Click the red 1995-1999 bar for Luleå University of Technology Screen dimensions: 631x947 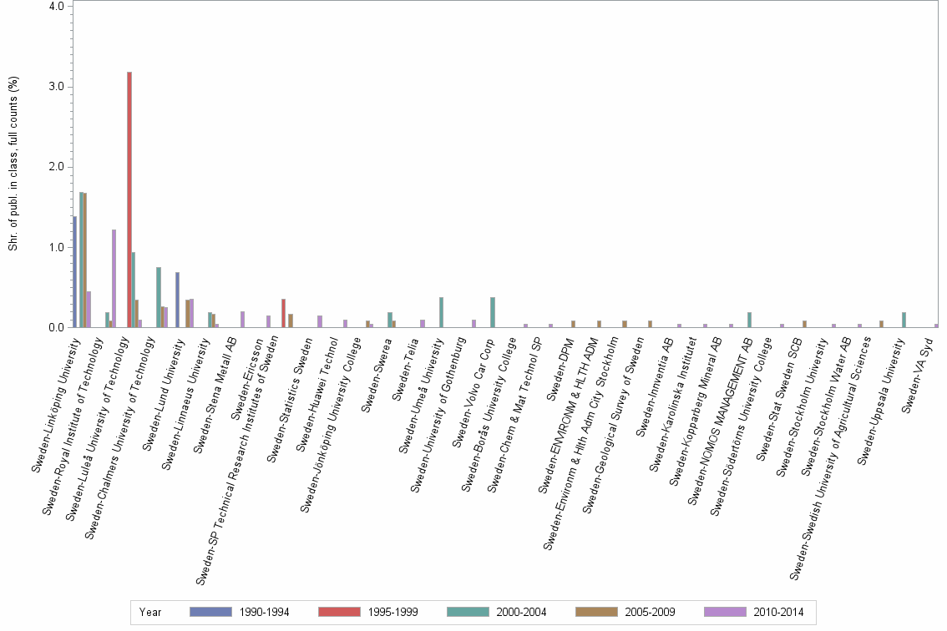[129, 200]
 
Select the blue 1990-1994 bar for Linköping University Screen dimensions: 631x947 [74, 272]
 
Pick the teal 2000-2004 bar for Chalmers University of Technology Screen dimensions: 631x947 [159, 297]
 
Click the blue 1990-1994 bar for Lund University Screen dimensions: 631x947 [177, 300]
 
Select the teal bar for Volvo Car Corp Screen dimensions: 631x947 [493, 313]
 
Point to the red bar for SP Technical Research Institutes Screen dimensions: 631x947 [284, 313]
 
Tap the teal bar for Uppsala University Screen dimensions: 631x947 [904, 320]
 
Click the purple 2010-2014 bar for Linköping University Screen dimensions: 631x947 [89, 310]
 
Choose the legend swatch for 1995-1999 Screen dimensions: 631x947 [339, 612]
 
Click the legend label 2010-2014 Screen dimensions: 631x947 [777, 612]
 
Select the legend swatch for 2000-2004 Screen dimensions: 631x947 [468, 612]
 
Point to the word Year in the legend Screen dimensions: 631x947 [150, 612]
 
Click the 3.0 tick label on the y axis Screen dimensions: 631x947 [58, 87]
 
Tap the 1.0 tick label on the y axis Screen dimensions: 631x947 [58, 248]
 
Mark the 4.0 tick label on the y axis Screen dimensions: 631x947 [58, 7]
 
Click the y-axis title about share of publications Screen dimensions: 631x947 [13, 164]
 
